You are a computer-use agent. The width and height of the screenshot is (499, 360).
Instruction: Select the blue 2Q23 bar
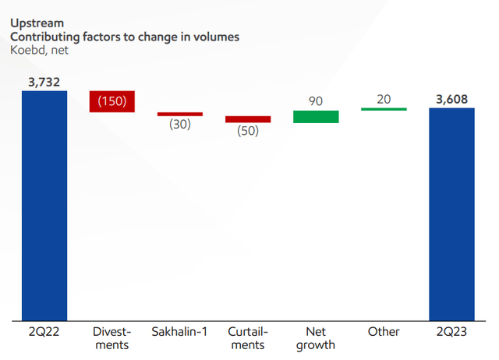(x=452, y=214)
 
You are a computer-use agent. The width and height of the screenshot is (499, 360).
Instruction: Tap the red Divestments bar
(x=112, y=101)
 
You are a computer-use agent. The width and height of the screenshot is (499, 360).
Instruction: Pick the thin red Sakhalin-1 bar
(x=180, y=114)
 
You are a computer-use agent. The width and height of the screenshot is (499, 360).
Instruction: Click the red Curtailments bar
(x=248, y=119)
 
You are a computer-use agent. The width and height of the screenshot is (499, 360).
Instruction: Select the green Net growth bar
(x=316, y=117)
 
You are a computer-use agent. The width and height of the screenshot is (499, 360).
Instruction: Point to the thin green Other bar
(x=384, y=109)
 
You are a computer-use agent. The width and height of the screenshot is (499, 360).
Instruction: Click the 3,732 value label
(x=44, y=81)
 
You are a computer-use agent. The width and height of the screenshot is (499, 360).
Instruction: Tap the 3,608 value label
(x=452, y=97)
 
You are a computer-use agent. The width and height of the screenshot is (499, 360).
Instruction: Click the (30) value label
(x=180, y=125)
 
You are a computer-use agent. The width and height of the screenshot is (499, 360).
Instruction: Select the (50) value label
(x=248, y=131)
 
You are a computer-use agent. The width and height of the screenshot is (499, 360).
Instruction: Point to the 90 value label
(x=316, y=101)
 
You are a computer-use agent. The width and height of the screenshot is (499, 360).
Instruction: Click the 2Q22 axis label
(x=44, y=332)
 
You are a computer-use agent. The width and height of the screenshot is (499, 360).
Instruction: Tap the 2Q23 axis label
(x=452, y=332)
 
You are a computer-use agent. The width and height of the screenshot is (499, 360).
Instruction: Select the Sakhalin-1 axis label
(x=180, y=332)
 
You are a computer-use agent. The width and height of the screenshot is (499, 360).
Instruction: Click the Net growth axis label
(x=316, y=338)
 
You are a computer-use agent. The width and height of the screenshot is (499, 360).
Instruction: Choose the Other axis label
(x=384, y=332)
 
